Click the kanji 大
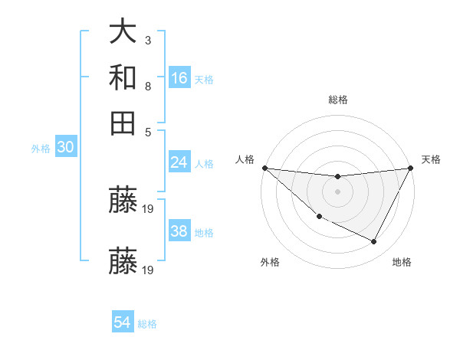click(x=123, y=31)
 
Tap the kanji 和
click(x=123, y=77)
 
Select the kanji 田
click(x=123, y=123)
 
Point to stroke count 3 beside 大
click(x=147, y=39)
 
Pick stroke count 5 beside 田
click(x=147, y=131)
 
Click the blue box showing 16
click(x=179, y=77)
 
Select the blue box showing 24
click(x=179, y=162)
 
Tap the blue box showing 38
click(x=179, y=231)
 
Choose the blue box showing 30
click(x=65, y=147)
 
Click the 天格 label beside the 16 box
click(x=204, y=79)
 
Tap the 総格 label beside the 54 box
click(x=147, y=324)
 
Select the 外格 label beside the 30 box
click(x=40, y=149)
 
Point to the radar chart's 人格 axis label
click(x=245, y=159)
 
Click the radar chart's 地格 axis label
click(x=402, y=262)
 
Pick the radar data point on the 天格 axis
click(x=411, y=169)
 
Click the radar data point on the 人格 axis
click(x=264, y=168)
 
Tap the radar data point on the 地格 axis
click(x=374, y=241)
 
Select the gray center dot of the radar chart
click(x=337, y=191)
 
